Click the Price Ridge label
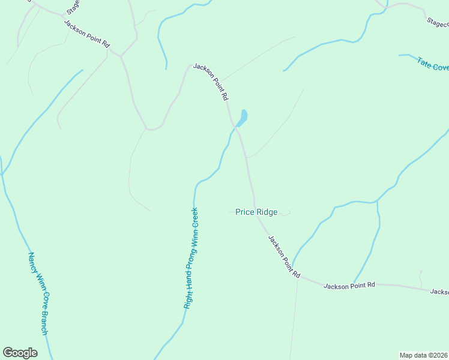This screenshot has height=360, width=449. click(x=256, y=212)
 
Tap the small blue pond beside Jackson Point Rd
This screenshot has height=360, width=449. click(x=243, y=117)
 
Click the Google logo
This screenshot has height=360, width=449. click(x=20, y=353)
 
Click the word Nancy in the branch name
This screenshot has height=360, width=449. click(x=32, y=262)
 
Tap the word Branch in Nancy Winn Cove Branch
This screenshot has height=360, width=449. click(x=44, y=321)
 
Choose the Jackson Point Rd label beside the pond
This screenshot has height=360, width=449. click(x=211, y=82)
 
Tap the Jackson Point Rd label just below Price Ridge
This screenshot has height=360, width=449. click(x=284, y=256)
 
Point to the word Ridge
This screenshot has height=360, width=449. click(x=267, y=212)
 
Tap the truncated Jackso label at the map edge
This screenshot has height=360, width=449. click(x=439, y=292)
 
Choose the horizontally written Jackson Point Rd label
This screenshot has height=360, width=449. click(x=349, y=286)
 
